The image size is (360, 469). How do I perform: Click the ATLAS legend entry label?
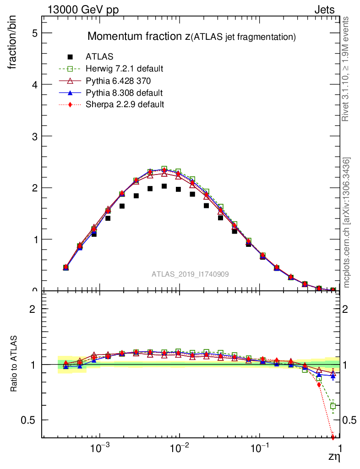click(99, 57)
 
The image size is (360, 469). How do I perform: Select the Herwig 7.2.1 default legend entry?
click(125, 69)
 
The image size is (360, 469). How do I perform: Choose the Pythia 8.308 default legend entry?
click(124, 93)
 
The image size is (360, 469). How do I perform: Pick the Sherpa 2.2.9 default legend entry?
click(125, 104)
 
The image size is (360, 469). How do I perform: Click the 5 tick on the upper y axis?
click(34, 33)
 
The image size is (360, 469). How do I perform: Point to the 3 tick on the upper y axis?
click(34, 136)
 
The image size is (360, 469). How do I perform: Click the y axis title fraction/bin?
click(13, 44)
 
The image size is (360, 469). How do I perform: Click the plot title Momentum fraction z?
click(191, 36)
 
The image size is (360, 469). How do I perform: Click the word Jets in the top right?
click(324, 10)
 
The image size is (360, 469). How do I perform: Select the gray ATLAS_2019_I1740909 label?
click(190, 274)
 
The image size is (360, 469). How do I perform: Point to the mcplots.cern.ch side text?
click(347, 223)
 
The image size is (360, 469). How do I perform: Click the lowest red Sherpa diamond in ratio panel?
click(333, 437)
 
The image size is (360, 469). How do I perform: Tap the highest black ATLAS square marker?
click(164, 186)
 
